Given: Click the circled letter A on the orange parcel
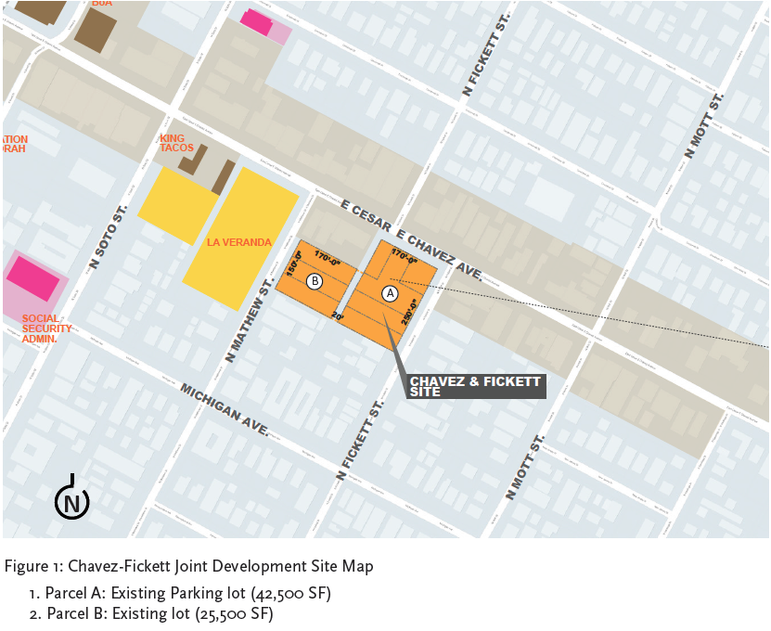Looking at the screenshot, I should coord(390,292).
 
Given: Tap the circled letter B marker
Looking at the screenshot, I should coord(315,281).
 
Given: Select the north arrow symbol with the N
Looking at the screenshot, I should coord(72,501).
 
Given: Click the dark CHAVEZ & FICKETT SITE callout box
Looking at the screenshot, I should coord(476,387).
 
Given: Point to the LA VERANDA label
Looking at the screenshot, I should coord(239,243).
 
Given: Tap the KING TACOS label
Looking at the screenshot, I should coord(175,143).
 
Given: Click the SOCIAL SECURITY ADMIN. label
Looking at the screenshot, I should coord(46,329).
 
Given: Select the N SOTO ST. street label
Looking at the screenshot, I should coord(107,237).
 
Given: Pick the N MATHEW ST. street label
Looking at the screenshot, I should coord(247,324).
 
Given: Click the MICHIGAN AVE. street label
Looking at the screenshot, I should coord(225,409).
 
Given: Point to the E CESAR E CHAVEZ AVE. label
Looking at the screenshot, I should coord(412,240).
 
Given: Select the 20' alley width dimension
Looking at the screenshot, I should coord(337,316).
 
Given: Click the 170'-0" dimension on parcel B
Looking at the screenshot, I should coord(328,255).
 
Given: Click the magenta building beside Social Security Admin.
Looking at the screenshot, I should coord(33,278).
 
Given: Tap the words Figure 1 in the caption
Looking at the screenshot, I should coord(33,566).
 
